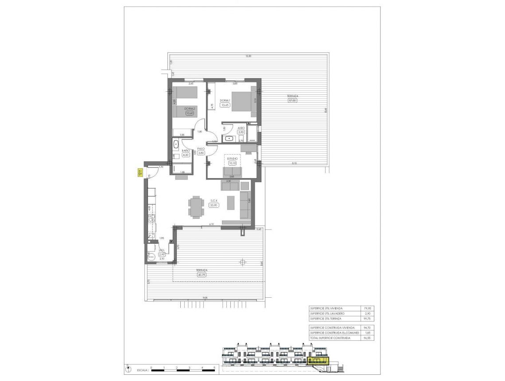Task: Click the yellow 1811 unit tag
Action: [139, 173]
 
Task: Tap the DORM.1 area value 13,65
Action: [225, 105]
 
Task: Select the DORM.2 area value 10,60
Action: [189, 113]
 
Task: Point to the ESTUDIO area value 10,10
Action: [233, 163]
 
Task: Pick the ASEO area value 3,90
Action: [241, 132]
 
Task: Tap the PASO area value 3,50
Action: [201, 153]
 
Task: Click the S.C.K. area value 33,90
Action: [214, 205]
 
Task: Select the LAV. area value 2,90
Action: [162, 254]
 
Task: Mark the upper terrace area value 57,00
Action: [292, 101]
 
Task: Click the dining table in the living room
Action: [196, 207]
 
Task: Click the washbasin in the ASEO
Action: [230, 138]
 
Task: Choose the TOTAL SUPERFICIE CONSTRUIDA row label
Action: [330, 338]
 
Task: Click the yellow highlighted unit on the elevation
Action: [318, 360]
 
